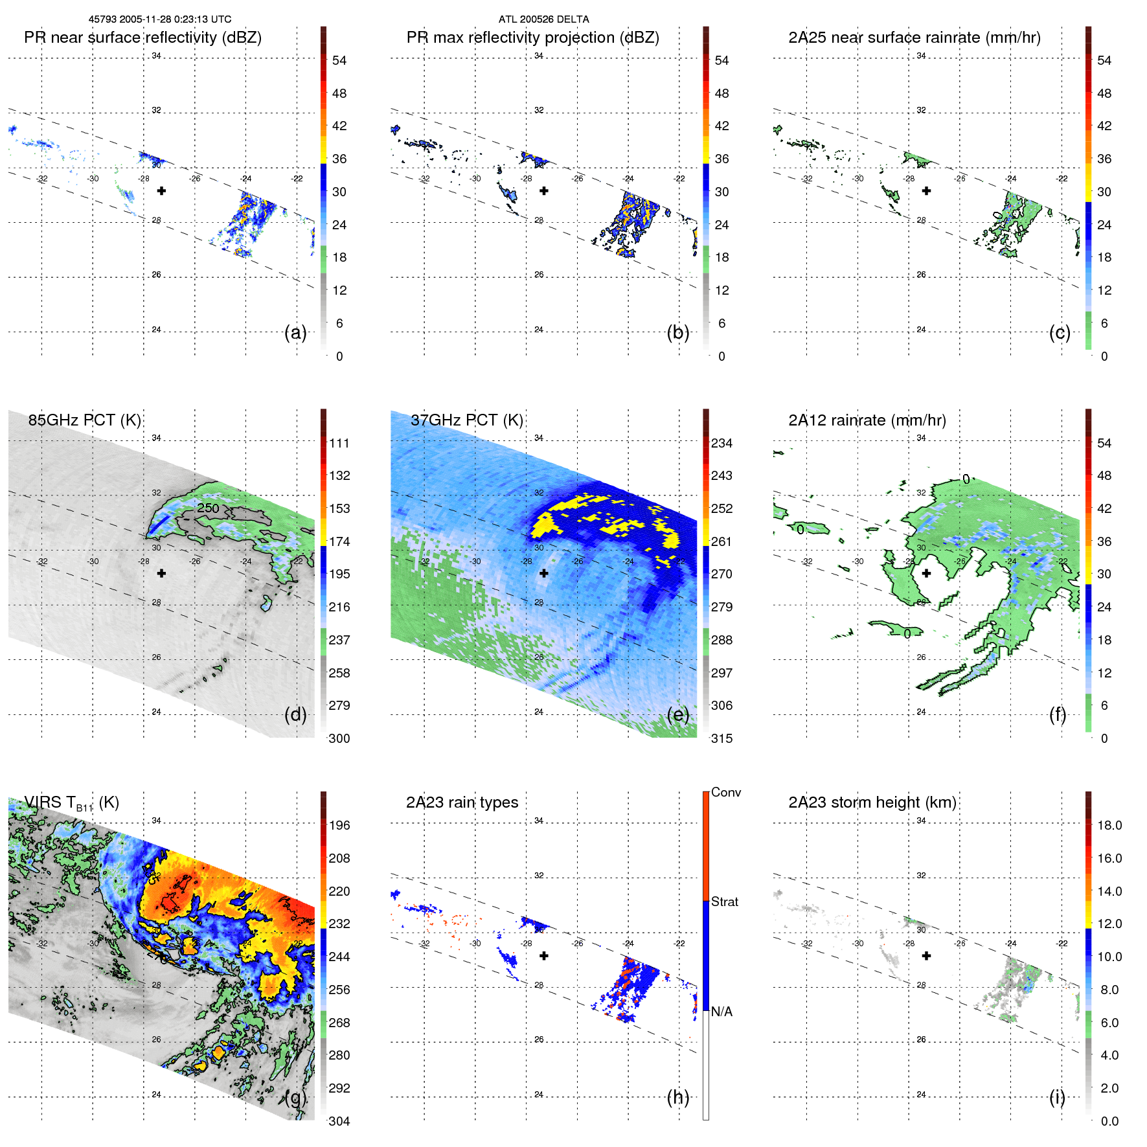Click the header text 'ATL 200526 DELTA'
(x=543, y=19)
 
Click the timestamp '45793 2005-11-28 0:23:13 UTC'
(x=160, y=19)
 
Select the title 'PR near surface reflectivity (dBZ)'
(x=142, y=38)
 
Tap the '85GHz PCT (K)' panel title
(x=84, y=420)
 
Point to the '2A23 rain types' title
(x=462, y=802)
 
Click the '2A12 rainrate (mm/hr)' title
(x=867, y=420)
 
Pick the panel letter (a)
(x=295, y=332)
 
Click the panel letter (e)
(x=677, y=714)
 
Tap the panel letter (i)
(x=1057, y=1097)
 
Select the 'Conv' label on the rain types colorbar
(x=725, y=792)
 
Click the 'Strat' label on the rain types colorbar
(x=724, y=902)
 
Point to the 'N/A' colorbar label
(x=721, y=1012)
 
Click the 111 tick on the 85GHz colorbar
(x=339, y=443)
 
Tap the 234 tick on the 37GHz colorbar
(x=721, y=443)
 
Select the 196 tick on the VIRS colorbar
(x=339, y=825)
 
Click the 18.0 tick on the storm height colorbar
(x=1109, y=825)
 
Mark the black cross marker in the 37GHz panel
(x=544, y=573)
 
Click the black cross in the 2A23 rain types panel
(x=544, y=955)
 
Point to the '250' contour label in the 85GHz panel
(x=208, y=508)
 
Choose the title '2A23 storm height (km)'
(x=872, y=802)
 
